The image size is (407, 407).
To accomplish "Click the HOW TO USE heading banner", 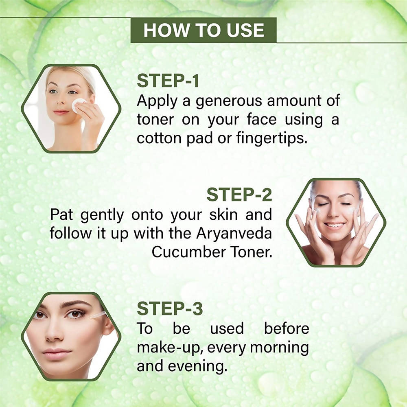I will [x=203, y=31].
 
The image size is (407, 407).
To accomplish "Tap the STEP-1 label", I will [x=168, y=81].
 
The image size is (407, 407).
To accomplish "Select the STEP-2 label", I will [x=239, y=195].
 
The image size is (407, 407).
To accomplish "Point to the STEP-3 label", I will [x=170, y=309].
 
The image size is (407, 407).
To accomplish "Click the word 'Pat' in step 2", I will [x=62, y=214].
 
